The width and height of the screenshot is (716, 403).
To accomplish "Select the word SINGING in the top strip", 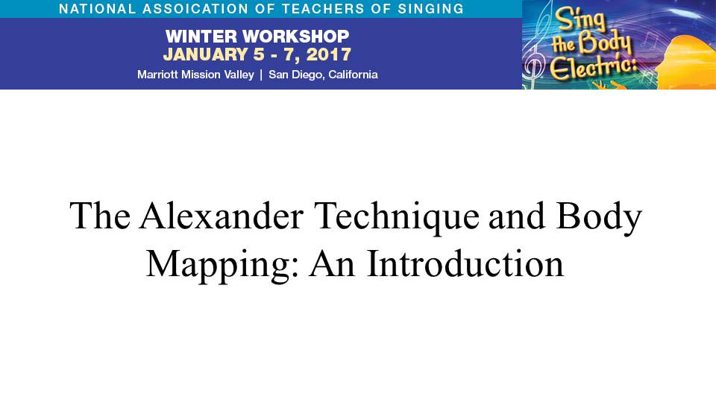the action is [430, 9].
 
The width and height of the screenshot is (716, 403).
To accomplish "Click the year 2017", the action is [329, 54].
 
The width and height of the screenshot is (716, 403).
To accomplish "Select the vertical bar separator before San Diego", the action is [261, 75].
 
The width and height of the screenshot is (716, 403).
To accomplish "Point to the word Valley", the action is [239, 75].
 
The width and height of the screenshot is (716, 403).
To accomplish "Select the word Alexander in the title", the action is [222, 215].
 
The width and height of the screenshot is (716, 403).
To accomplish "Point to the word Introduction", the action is [465, 263].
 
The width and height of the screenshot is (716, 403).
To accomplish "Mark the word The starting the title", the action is [100, 215].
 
